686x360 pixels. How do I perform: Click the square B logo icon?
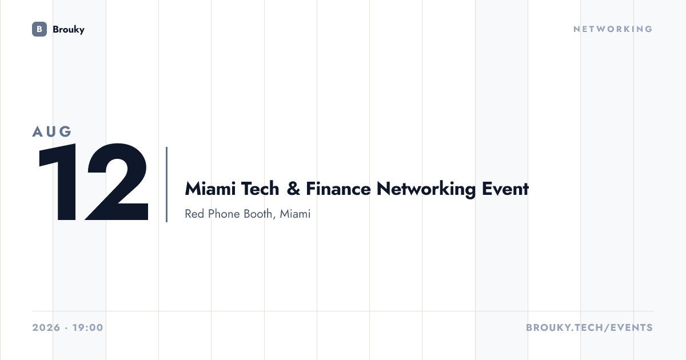39,29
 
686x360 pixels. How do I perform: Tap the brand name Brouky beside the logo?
69,29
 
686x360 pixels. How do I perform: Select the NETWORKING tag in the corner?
613,29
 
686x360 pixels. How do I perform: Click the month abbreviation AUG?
52,131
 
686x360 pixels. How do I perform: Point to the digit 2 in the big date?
117,182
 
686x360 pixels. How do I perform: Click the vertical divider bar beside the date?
166,184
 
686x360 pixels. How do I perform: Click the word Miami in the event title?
210,189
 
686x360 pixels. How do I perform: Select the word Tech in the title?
260,189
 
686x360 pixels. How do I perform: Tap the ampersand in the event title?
293,189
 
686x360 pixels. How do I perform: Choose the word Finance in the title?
338,189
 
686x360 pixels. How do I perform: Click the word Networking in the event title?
426,190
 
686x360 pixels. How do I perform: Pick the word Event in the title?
505,189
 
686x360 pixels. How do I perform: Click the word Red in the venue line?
194,214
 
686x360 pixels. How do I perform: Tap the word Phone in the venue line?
224,214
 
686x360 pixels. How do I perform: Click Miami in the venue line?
295,214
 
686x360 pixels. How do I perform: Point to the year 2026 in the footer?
46,327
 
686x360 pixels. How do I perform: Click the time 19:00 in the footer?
88,327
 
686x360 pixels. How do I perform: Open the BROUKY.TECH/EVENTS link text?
589,327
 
